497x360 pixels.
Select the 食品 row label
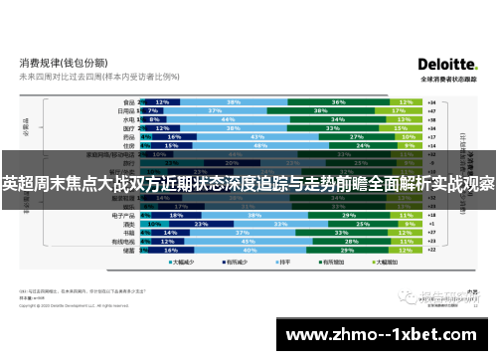coord(127,101)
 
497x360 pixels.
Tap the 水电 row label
coord(127,119)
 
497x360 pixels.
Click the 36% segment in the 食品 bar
coord(338,101)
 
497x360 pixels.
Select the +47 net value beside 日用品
coord(431,110)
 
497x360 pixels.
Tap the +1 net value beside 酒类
coord(431,223)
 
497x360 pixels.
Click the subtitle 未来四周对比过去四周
coord(60,76)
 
